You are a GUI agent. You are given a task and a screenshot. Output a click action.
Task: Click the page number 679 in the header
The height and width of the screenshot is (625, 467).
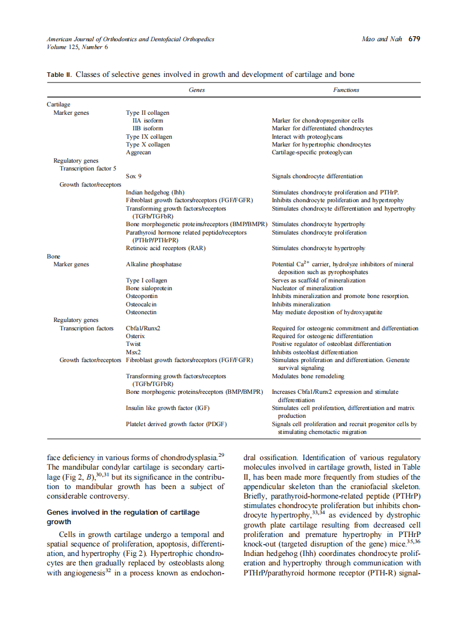click(x=414, y=39)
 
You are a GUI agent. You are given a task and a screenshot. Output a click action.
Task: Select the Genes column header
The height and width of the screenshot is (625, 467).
click(x=197, y=90)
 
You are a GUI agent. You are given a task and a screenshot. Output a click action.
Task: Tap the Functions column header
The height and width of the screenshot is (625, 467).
click(x=346, y=90)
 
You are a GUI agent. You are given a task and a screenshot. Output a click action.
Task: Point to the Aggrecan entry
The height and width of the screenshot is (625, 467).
click(x=138, y=152)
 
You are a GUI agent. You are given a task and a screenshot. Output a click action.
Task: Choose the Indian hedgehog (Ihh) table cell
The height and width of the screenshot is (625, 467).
click(x=152, y=192)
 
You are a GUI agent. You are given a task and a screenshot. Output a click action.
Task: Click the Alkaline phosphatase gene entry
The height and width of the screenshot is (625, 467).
click(x=154, y=264)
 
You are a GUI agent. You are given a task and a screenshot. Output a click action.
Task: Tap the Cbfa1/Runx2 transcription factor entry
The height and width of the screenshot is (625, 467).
click(x=143, y=328)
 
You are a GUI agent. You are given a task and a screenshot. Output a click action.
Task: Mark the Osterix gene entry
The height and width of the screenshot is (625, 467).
click(x=135, y=336)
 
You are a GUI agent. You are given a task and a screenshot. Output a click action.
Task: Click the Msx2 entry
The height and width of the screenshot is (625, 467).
click(x=133, y=352)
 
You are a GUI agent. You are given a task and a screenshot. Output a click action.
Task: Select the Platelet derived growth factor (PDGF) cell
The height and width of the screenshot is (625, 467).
click(x=176, y=424)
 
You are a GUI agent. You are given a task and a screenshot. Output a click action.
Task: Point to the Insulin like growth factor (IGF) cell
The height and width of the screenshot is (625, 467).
click(x=168, y=408)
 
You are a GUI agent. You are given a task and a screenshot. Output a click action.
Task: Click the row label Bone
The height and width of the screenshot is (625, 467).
click(x=53, y=256)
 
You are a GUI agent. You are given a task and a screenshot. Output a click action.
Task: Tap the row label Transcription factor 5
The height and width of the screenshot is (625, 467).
click(x=88, y=168)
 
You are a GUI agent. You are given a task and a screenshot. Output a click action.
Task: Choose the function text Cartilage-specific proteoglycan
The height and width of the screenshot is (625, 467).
click(x=312, y=152)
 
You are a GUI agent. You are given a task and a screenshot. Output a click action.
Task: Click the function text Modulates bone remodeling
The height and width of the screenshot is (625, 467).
click(x=308, y=376)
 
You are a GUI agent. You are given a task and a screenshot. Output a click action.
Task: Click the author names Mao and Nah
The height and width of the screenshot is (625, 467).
click(x=382, y=39)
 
